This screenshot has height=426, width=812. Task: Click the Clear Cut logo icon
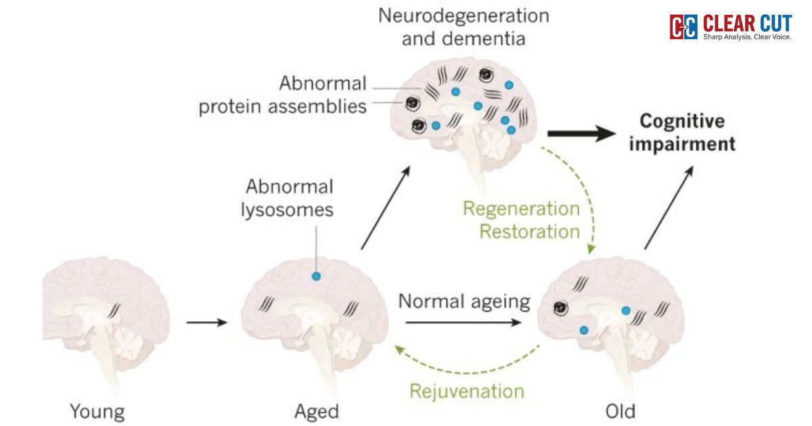pos(683,26)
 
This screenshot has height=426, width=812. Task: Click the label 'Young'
pos(98,410)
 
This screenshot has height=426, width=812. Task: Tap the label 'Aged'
pos(317,410)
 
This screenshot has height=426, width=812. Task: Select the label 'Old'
pos(621,410)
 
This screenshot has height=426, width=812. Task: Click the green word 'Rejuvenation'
pos(467,391)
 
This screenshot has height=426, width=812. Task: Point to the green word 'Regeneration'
pos(521,208)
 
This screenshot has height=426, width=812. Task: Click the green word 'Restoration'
pos(529,231)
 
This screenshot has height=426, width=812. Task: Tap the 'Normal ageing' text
pos(464,301)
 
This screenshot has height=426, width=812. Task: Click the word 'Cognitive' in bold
pos(682,122)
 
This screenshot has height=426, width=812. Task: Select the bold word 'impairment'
pos(682,144)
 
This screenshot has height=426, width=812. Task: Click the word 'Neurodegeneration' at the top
pos(464,15)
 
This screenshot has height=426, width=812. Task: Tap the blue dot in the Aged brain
pos(315,276)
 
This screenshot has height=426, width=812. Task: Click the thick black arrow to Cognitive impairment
pos(578,135)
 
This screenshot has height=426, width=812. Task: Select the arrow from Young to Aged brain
pos(207,323)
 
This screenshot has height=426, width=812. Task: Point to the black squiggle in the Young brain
pos(116,310)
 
